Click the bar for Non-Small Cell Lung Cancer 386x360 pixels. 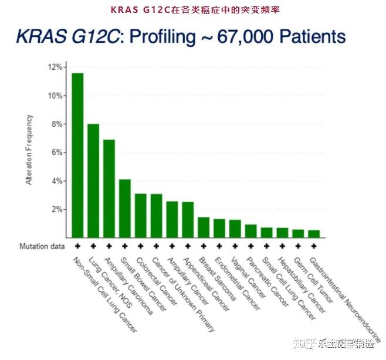[77, 155]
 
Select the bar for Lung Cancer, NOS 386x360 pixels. [93, 181]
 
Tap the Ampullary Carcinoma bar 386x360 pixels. [109, 188]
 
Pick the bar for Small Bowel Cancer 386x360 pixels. [125, 208]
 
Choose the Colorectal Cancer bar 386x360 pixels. [141, 215]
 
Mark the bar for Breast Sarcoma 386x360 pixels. [204, 227]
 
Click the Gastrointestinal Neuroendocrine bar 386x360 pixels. [314, 233]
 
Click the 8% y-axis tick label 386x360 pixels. [57, 124]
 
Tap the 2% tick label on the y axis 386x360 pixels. [57, 209]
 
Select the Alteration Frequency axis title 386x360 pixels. [29, 150]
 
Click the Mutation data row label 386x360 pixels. [42, 246]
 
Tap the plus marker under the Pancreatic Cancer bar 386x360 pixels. [251, 246]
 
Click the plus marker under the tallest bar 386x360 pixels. [77, 246]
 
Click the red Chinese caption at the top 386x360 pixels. [192, 9]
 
